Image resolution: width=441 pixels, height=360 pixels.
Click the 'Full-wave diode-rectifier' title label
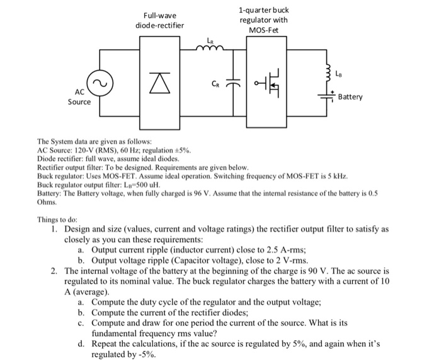pyautogui.click(x=160, y=20)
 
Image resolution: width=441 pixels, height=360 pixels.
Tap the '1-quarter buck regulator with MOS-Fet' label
pyautogui.click(x=264, y=20)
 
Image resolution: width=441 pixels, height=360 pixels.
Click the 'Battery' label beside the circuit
pyautogui.click(x=350, y=97)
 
